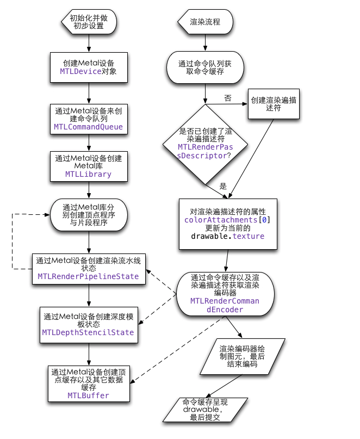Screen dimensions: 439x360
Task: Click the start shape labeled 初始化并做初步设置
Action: click(x=89, y=22)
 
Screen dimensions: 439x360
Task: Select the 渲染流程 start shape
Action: click(x=205, y=22)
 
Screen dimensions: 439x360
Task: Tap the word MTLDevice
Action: click(x=80, y=71)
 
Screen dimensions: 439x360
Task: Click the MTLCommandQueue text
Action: click(x=89, y=127)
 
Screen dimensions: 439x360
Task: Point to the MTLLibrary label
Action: click(x=89, y=174)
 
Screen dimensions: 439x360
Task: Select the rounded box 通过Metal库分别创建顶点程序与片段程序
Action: click(x=89, y=215)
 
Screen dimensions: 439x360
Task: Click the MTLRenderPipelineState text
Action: click(x=88, y=276)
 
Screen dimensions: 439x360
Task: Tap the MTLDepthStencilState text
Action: click(x=88, y=332)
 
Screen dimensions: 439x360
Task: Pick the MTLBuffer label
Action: click(x=88, y=395)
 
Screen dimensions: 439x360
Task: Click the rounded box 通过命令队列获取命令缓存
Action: click(x=205, y=67)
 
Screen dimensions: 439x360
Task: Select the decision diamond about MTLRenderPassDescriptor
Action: click(x=205, y=144)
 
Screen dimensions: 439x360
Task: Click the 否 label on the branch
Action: click(x=227, y=98)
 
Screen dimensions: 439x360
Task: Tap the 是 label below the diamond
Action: click(x=222, y=186)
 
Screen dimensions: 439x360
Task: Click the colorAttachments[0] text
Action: click(x=228, y=219)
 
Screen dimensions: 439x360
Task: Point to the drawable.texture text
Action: click(x=228, y=236)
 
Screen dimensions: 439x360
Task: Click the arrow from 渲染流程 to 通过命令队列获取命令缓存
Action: click(x=205, y=42)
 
